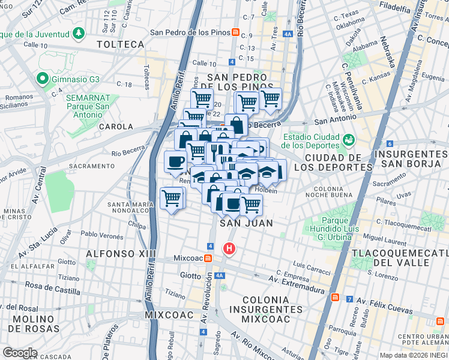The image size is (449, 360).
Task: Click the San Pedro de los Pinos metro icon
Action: (236, 32)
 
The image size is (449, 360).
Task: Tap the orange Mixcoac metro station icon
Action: (207, 258)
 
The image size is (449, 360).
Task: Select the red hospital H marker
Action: (229, 248)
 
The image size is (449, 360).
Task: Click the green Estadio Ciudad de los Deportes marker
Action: (348, 139)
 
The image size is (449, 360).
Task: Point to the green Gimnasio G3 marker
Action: (42, 78)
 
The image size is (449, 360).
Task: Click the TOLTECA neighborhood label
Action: (121, 44)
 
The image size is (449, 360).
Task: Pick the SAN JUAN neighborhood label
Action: (246, 223)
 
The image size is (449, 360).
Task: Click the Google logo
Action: (19, 353)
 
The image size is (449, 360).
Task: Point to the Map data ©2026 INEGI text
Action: (413, 355)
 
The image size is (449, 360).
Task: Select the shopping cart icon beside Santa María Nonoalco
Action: (172, 197)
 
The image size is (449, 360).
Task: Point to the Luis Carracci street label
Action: (312, 265)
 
